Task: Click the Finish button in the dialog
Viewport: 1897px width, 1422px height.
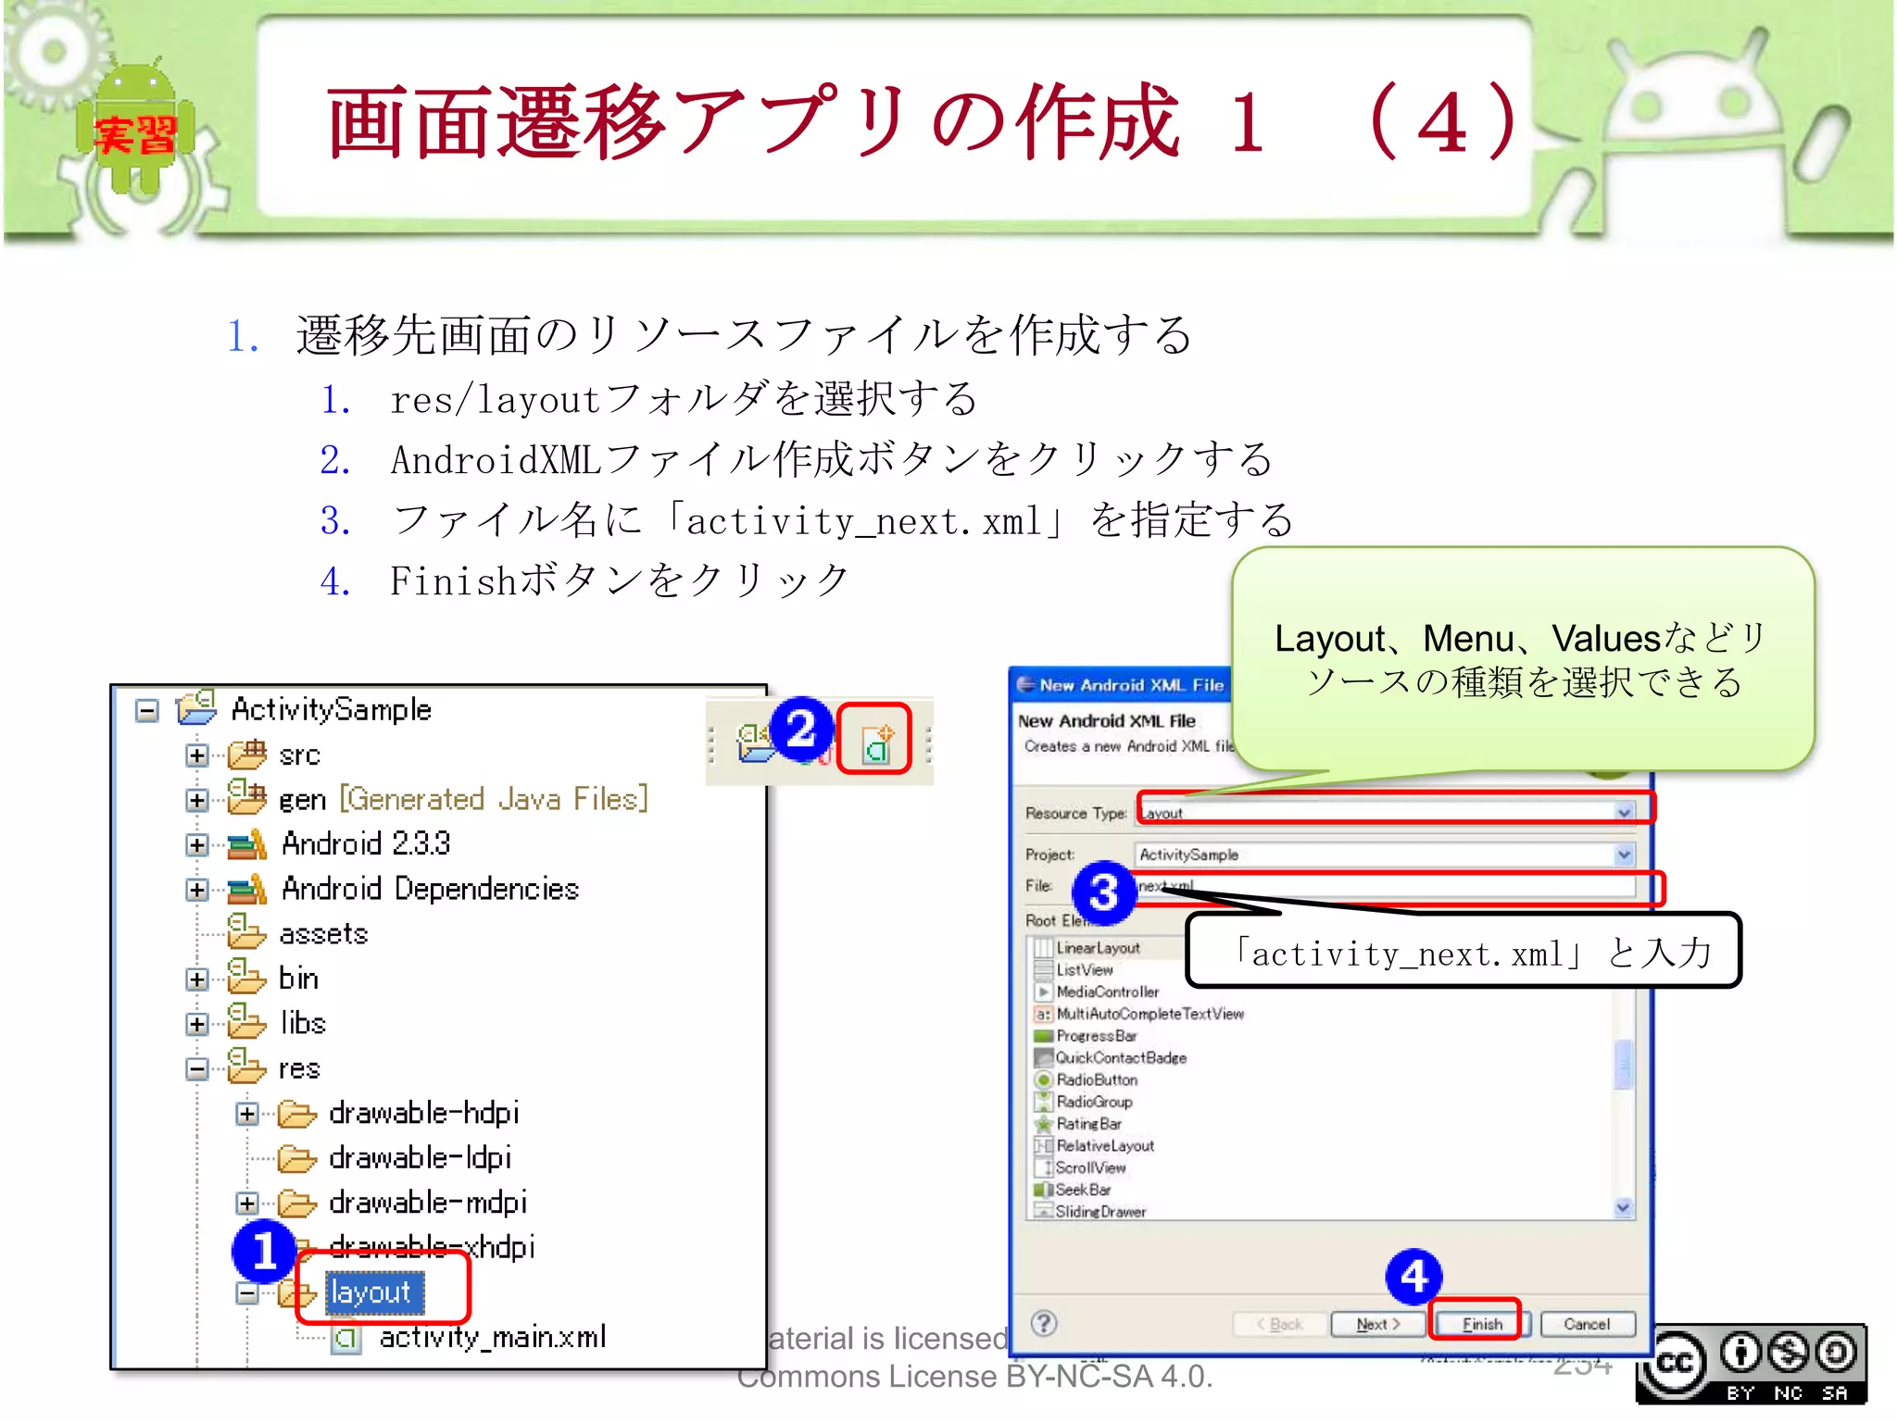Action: [x=1480, y=1324]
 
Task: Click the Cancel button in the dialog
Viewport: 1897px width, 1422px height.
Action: [x=1586, y=1324]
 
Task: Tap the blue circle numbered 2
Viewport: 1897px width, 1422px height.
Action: [x=801, y=729]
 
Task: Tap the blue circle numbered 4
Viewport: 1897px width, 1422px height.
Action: [x=1413, y=1278]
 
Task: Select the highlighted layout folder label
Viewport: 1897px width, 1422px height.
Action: [x=372, y=1291]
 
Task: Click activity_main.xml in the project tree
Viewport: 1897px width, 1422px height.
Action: [x=492, y=1337]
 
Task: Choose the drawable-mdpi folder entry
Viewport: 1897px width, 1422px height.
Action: [x=427, y=1203]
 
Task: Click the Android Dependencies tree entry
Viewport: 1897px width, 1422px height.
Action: [x=430, y=889]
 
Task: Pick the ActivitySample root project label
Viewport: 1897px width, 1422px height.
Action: [x=331, y=709]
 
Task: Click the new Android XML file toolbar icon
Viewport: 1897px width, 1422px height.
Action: [x=875, y=743]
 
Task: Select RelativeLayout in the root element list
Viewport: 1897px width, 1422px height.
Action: [x=1104, y=1146]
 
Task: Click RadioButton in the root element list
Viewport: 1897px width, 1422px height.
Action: [x=1096, y=1080]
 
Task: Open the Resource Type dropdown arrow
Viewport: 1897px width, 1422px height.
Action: [x=1623, y=813]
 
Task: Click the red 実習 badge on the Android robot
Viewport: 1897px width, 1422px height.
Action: [x=135, y=135]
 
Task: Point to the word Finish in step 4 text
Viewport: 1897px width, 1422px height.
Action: [x=452, y=581]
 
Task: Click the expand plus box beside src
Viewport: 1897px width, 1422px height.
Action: [x=196, y=755]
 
